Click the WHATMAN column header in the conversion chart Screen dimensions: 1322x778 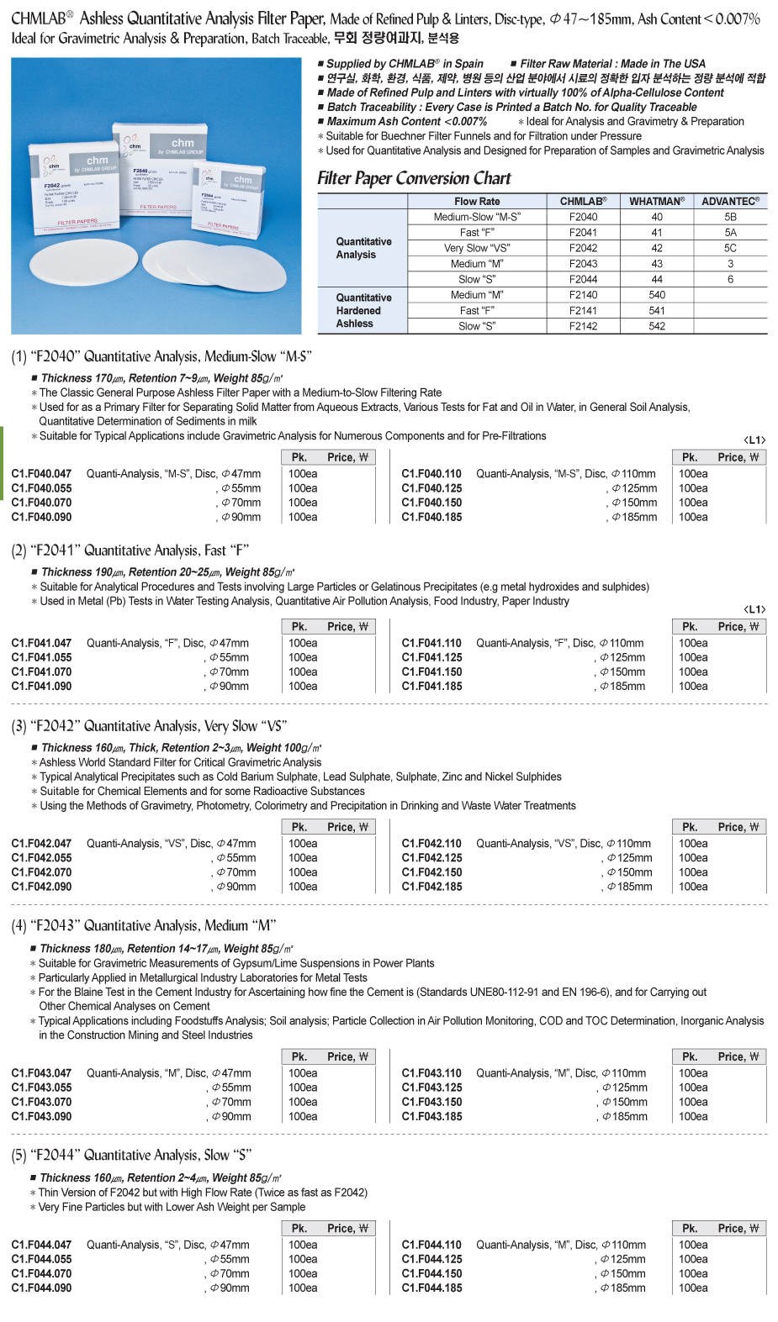tap(657, 201)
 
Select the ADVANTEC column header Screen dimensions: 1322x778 tap(730, 201)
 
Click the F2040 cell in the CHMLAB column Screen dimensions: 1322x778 tap(583, 217)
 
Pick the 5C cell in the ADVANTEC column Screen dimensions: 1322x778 tap(730, 248)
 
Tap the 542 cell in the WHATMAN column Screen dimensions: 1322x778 tap(657, 326)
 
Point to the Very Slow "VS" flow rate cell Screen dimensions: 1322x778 tap(477, 248)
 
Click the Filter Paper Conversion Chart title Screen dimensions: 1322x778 tap(414, 178)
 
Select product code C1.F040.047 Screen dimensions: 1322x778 tap(41, 474)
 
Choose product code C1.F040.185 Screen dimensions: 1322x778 tap(431, 517)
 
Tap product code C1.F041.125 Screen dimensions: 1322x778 tap(431, 657)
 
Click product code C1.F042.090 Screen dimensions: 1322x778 tap(41, 887)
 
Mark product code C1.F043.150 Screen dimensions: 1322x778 tap(431, 1102)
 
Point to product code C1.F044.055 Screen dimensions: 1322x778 tap(41, 1259)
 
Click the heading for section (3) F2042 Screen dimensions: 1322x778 tap(149, 726)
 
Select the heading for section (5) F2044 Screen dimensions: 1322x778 tap(131, 1156)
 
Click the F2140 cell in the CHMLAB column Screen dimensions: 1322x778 tap(583, 295)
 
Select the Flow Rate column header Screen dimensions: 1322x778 tap(477, 201)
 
